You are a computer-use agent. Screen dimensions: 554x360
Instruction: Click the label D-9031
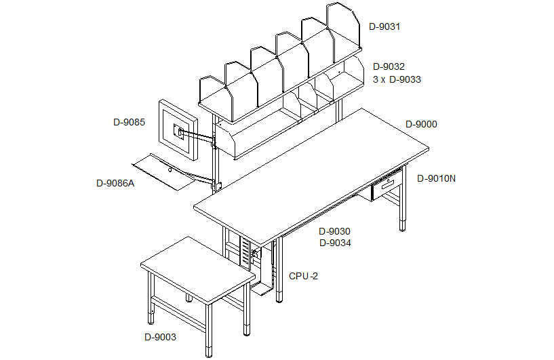[384, 27]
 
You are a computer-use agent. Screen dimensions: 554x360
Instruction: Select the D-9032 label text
[389, 66]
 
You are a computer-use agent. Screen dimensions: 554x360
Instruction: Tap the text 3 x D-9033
[397, 79]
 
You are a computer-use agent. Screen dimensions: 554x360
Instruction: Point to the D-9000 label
[421, 124]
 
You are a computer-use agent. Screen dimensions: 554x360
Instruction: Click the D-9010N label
[436, 178]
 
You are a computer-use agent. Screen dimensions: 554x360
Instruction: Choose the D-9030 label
[334, 231]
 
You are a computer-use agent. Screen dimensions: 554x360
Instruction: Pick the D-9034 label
[335, 243]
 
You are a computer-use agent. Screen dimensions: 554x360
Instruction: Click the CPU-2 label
[303, 276]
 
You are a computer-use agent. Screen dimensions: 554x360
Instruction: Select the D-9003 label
[160, 337]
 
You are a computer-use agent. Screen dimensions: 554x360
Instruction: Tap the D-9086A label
[115, 183]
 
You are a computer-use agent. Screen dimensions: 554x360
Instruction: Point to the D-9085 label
[129, 122]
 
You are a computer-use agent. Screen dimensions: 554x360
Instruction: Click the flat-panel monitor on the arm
[178, 129]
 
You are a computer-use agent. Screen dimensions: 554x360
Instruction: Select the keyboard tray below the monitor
[164, 172]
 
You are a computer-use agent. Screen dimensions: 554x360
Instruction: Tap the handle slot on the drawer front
[388, 183]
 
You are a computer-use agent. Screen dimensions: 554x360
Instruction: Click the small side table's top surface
[197, 270]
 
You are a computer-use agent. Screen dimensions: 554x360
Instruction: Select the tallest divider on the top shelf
[342, 31]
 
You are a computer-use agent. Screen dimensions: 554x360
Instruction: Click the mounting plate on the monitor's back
[178, 132]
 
